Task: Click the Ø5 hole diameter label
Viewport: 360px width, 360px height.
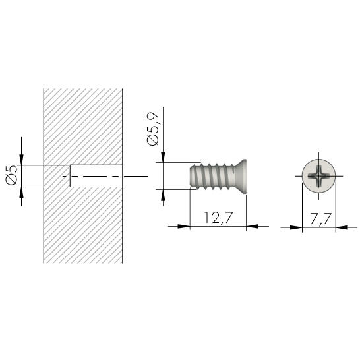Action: point(11,175)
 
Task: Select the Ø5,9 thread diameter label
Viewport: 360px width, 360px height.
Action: point(153,129)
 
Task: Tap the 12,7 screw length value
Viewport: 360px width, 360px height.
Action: point(218,218)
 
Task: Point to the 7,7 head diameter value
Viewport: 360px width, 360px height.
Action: point(320,219)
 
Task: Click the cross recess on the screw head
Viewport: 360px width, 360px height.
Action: point(318,176)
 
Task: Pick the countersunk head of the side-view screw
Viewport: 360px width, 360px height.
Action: point(241,176)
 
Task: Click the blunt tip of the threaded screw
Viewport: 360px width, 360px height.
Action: point(191,176)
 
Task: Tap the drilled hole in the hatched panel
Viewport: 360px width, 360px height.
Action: point(96,176)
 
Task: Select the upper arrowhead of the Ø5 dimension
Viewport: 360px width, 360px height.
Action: point(21,160)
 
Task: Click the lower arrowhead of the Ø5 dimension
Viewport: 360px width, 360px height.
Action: point(21,193)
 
